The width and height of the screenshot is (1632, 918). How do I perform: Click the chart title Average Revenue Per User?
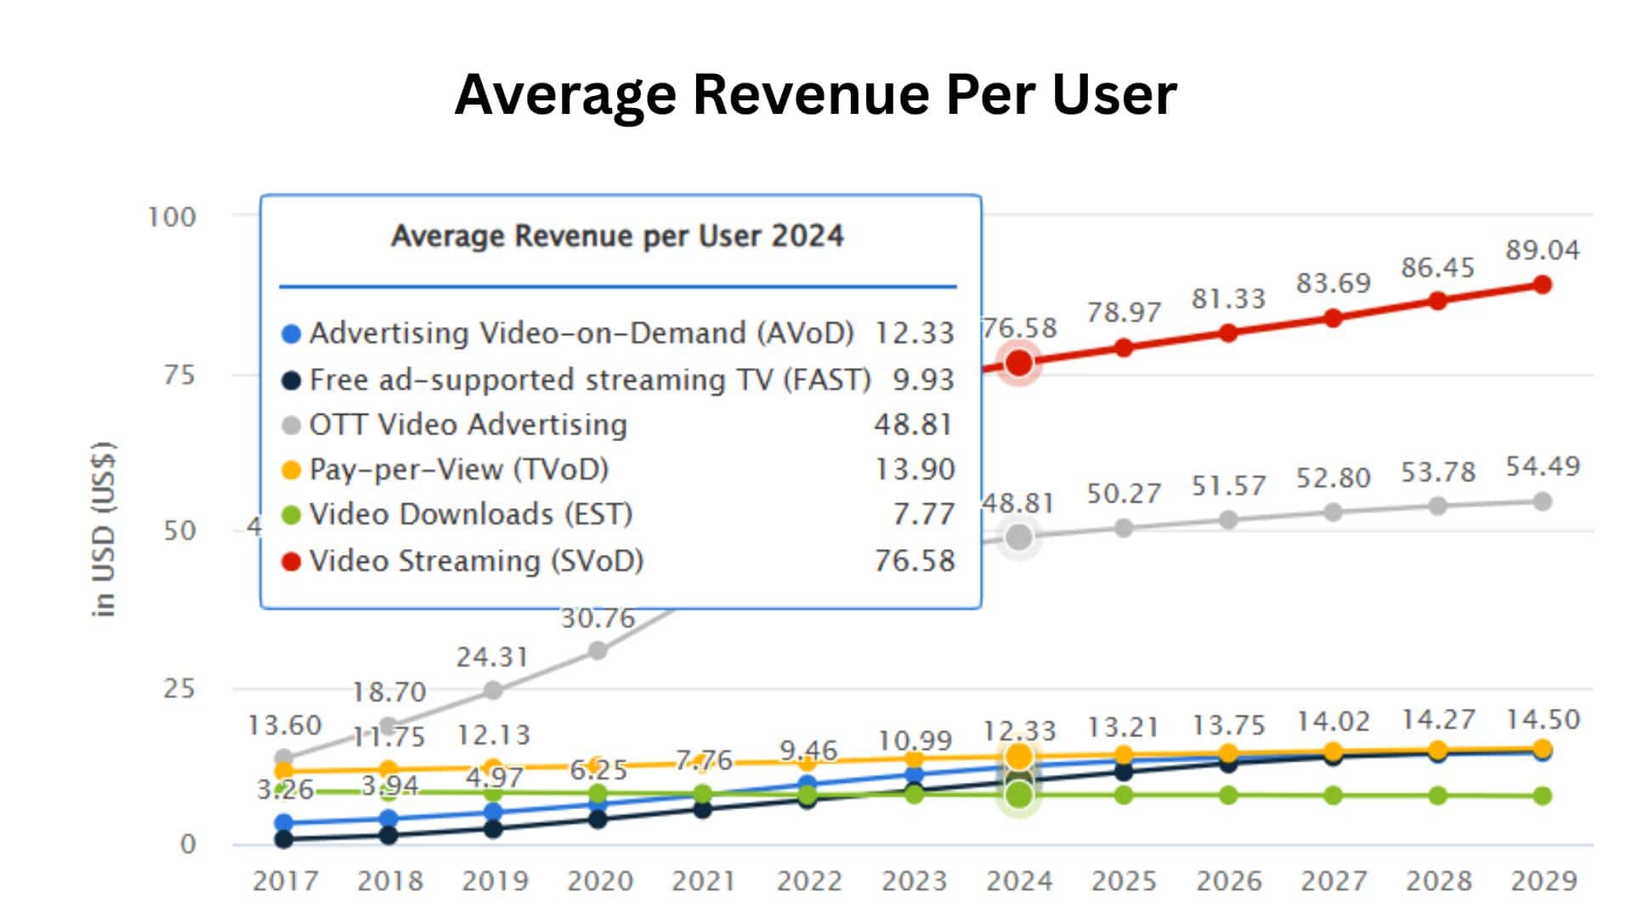(x=815, y=93)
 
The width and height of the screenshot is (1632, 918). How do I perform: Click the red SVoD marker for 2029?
(x=1542, y=285)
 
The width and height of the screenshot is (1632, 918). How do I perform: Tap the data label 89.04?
(x=1542, y=250)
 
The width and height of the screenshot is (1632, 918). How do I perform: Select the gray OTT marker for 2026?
(x=1228, y=519)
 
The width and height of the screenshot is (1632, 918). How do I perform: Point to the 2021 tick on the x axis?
(x=703, y=881)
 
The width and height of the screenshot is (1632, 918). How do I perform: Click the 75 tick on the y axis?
(x=179, y=375)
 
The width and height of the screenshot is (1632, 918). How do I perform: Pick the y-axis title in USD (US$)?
(x=104, y=529)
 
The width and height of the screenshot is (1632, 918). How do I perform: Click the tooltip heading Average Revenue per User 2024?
(x=617, y=235)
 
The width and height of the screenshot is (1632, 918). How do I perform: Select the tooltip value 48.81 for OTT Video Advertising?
(x=913, y=424)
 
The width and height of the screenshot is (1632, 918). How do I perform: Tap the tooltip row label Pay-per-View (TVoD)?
(x=459, y=469)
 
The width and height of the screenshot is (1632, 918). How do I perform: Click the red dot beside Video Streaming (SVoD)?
(x=291, y=561)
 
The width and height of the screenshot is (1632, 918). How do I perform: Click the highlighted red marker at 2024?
(x=1018, y=363)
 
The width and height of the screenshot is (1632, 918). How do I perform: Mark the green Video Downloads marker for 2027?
(x=1333, y=796)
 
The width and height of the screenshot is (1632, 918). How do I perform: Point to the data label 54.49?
(x=1542, y=466)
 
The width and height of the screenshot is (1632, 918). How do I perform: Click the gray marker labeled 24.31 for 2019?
(x=493, y=690)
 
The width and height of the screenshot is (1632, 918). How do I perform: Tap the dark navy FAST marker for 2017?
(x=284, y=839)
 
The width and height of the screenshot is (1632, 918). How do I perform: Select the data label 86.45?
(x=1437, y=268)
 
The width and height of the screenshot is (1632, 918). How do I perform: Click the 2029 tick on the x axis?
(x=1543, y=881)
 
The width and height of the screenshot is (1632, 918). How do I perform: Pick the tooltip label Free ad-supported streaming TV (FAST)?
(x=590, y=379)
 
